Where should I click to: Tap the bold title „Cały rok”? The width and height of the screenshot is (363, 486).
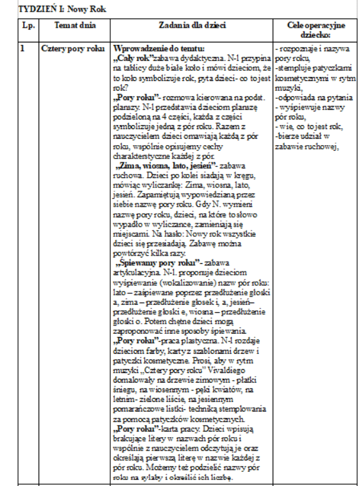coord(131,56)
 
